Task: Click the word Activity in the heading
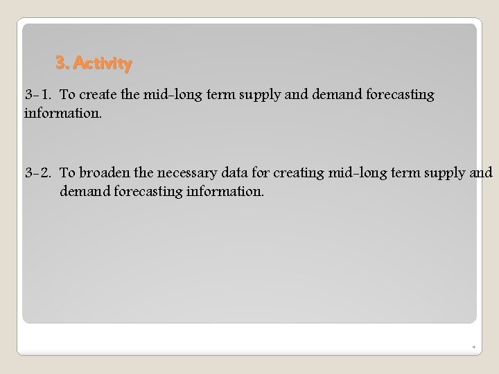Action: [102, 64]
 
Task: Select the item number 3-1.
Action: [39, 95]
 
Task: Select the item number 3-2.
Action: [39, 172]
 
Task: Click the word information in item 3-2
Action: [225, 189]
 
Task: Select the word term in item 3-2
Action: [405, 172]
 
